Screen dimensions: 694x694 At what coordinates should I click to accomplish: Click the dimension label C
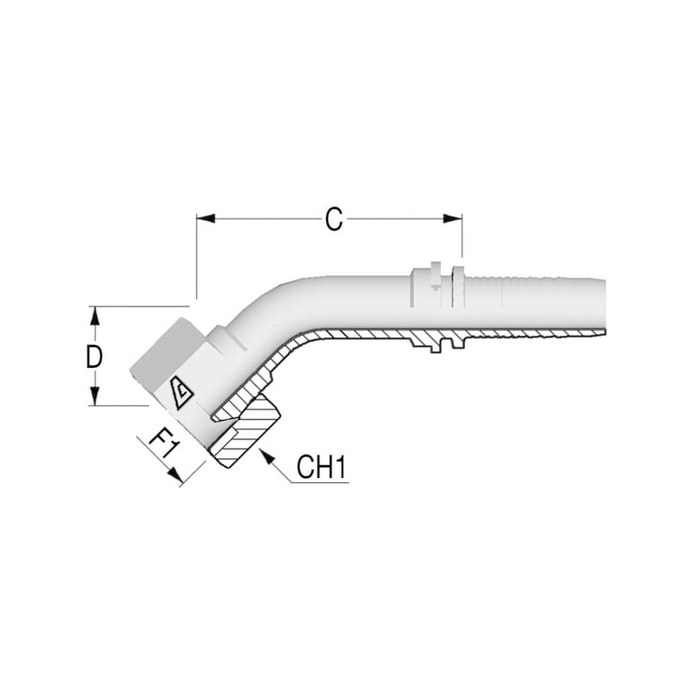334,219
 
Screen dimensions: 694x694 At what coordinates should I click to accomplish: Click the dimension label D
94,357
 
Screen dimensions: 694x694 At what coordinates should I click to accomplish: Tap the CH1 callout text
321,467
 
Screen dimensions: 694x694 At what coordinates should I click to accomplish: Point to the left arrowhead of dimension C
206,219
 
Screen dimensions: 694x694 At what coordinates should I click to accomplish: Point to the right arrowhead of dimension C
453,219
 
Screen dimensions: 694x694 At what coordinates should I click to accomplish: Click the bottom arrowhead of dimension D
95,396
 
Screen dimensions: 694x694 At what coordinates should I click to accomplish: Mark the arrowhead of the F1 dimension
175,475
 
